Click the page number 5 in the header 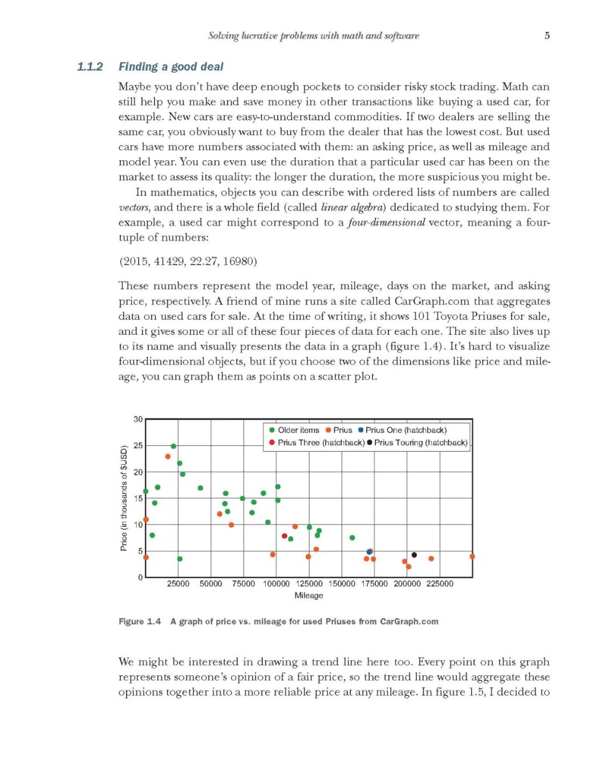click(x=547, y=35)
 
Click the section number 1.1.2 click(x=90, y=67)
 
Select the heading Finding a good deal click(x=171, y=67)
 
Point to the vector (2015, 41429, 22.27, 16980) click(x=188, y=261)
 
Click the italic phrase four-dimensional click(x=386, y=222)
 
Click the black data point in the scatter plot click(x=414, y=555)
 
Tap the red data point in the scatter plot click(x=284, y=536)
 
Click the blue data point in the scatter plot click(x=369, y=552)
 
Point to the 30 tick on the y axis click(x=138, y=419)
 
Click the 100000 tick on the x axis click(x=276, y=584)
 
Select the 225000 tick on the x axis click(x=440, y=584)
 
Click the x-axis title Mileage click(x=309, y=595)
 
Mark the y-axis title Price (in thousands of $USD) click(x=124, y=498)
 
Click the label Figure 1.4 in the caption click(x=140, y=621)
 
